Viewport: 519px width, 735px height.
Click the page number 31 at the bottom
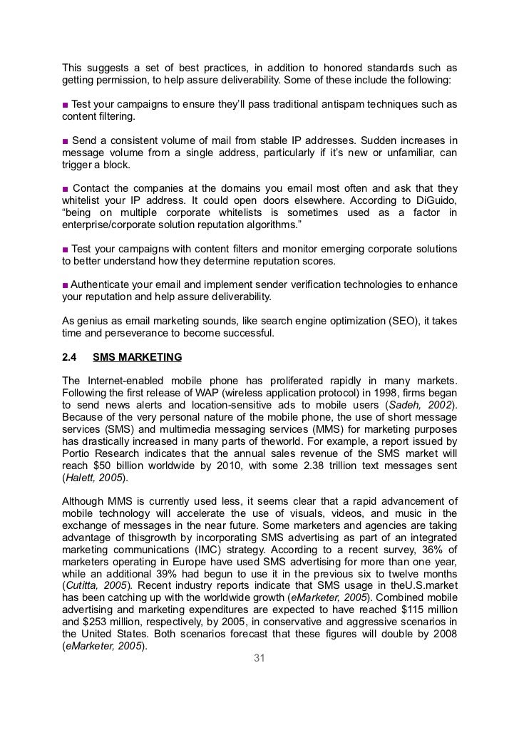[x=259, y=658]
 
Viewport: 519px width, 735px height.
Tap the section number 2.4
[x=70, y=357]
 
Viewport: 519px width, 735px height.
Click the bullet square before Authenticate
[x=65, y=284]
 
